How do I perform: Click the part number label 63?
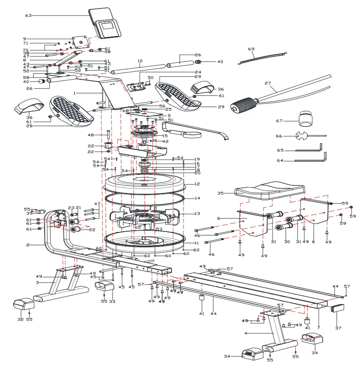[28, 16]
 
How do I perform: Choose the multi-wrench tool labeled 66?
[302, 136]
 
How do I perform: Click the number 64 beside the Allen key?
[280, 161]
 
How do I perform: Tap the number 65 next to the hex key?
[280, 151]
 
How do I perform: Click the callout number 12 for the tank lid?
[197, 184]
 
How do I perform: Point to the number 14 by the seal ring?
[197, 198]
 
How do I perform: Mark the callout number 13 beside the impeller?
[197, 214]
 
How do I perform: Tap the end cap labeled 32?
[24, 305]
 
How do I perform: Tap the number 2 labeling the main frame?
[27, 245]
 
